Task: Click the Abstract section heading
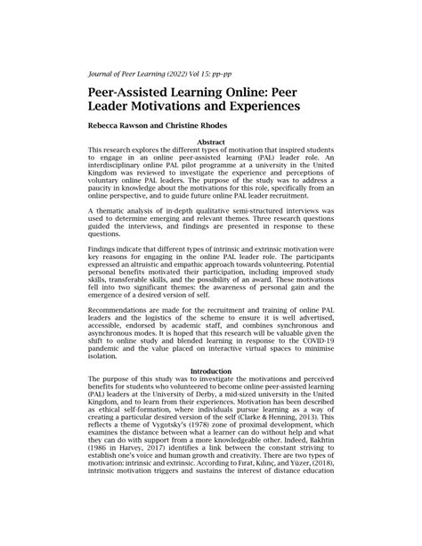pyautogui.click(x=210, y=142)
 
